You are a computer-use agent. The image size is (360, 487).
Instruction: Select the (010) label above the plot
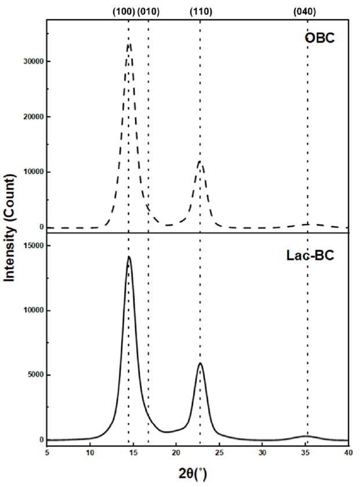pyautogui.click(x=150, y=12)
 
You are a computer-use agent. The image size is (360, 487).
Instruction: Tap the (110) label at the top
pyautogui.click(x=199, y=12)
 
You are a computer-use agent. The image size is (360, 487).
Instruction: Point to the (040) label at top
pyautogui.click(x=307, y=12)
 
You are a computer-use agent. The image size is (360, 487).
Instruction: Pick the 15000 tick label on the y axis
pyautogui.click(x=30, y=246)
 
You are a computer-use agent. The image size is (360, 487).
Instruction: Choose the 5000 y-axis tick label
pyautogui.click(x=32, y=375)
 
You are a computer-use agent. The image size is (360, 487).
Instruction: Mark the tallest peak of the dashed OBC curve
pyautogui.click(x=129, y=43)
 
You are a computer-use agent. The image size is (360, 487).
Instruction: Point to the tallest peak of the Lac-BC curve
pyautogui.click(x=129, y=257)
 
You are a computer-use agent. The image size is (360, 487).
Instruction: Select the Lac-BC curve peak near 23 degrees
pyautogui.click(x=200, y=364)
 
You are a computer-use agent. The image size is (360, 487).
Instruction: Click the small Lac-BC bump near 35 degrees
pyautogui.click(x=307, y=436)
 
